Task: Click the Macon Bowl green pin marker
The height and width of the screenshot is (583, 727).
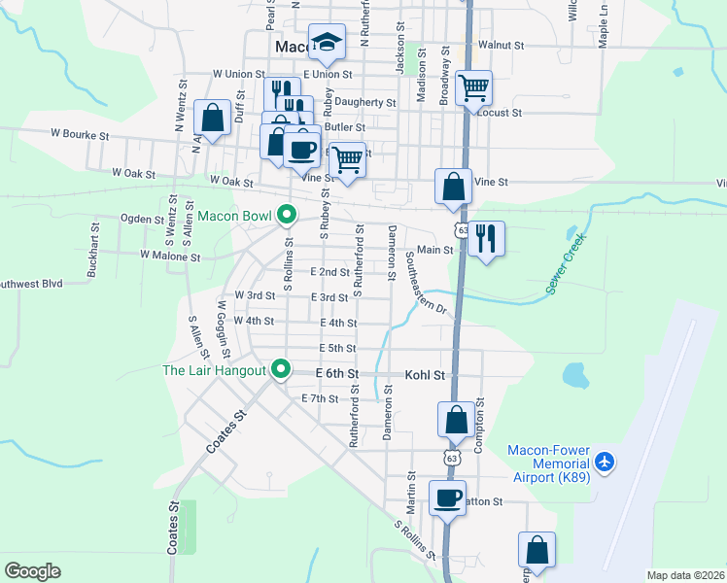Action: tap(286, 215)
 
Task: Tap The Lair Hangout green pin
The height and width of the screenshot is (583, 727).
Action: tap(281, 370)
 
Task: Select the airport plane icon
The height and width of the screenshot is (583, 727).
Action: tap(606, 461)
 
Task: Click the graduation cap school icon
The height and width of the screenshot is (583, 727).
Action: tap(327, 43)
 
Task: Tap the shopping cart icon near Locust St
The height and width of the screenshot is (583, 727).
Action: tap(473, 88)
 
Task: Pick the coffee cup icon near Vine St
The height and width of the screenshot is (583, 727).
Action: tap(302, 148)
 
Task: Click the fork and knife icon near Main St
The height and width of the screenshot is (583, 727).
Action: tap(486, 236)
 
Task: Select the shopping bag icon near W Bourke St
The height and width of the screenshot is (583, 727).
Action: tap(212, 119)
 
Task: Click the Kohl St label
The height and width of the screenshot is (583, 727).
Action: tap(425, 374)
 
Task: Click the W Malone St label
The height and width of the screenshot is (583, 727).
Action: tap(169, 257)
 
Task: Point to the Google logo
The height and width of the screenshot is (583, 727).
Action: tap(33, 571)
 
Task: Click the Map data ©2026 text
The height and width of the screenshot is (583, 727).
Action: tap(683, 575)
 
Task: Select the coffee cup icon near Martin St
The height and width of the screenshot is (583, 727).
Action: tap(447, 498)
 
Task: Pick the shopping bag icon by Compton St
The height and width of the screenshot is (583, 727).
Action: tap(456, 420)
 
